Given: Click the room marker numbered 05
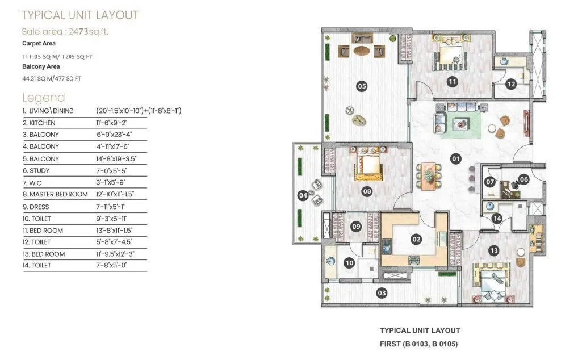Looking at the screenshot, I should [361, 86].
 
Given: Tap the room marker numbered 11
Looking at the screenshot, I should [452, 82].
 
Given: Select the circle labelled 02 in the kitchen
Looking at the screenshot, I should [416, 239].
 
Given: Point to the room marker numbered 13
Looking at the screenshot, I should [493, 250].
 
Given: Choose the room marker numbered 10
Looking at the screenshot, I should [349, 262].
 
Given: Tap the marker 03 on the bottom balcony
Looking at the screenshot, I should [382, 292].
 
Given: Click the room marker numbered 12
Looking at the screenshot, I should [510, 85].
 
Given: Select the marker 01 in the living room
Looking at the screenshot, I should [455, 159].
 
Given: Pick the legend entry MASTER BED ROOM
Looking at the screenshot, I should [55, 194].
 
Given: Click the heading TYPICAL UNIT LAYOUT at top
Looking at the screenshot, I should [80, 15].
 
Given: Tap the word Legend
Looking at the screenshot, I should [43, 97].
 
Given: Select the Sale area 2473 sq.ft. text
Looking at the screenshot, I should [65, 31].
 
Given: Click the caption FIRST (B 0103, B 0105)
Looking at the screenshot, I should [419, 344].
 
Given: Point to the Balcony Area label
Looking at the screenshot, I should [41, 66].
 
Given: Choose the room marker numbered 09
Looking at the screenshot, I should [356, 227].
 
